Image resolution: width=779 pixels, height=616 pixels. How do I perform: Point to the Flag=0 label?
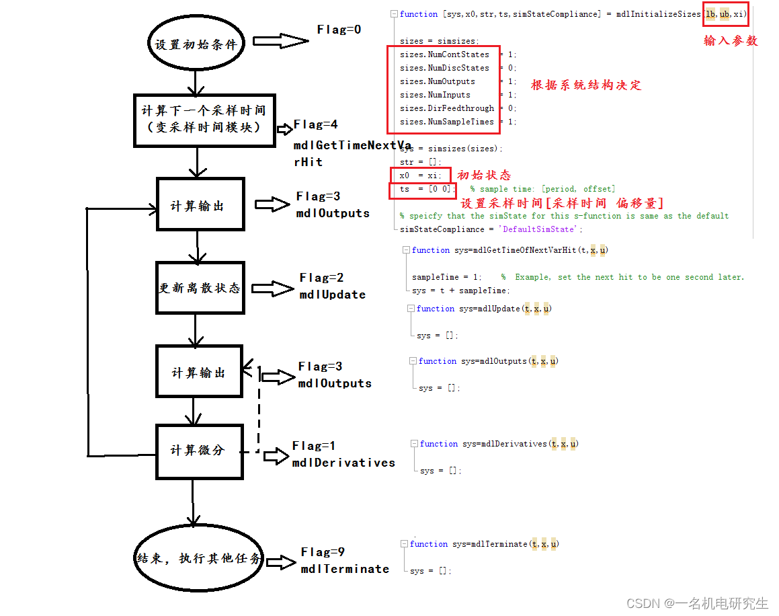339,30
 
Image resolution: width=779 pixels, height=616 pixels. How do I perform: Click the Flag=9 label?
323,552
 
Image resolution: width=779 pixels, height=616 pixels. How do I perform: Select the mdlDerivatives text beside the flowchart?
343,463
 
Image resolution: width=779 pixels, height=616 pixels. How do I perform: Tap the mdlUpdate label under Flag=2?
332,295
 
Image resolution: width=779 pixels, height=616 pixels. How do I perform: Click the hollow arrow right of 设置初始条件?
281,41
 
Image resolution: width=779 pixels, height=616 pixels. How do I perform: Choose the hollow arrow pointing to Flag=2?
272,288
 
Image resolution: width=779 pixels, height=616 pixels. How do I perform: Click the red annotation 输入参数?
731,41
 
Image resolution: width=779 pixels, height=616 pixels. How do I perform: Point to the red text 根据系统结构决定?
585,85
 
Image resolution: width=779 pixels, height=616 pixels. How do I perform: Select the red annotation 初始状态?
483,175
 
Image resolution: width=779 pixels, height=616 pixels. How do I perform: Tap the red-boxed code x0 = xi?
420,176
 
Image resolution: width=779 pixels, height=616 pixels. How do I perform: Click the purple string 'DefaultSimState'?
538,229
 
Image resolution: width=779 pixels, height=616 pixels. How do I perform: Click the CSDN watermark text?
697,603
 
